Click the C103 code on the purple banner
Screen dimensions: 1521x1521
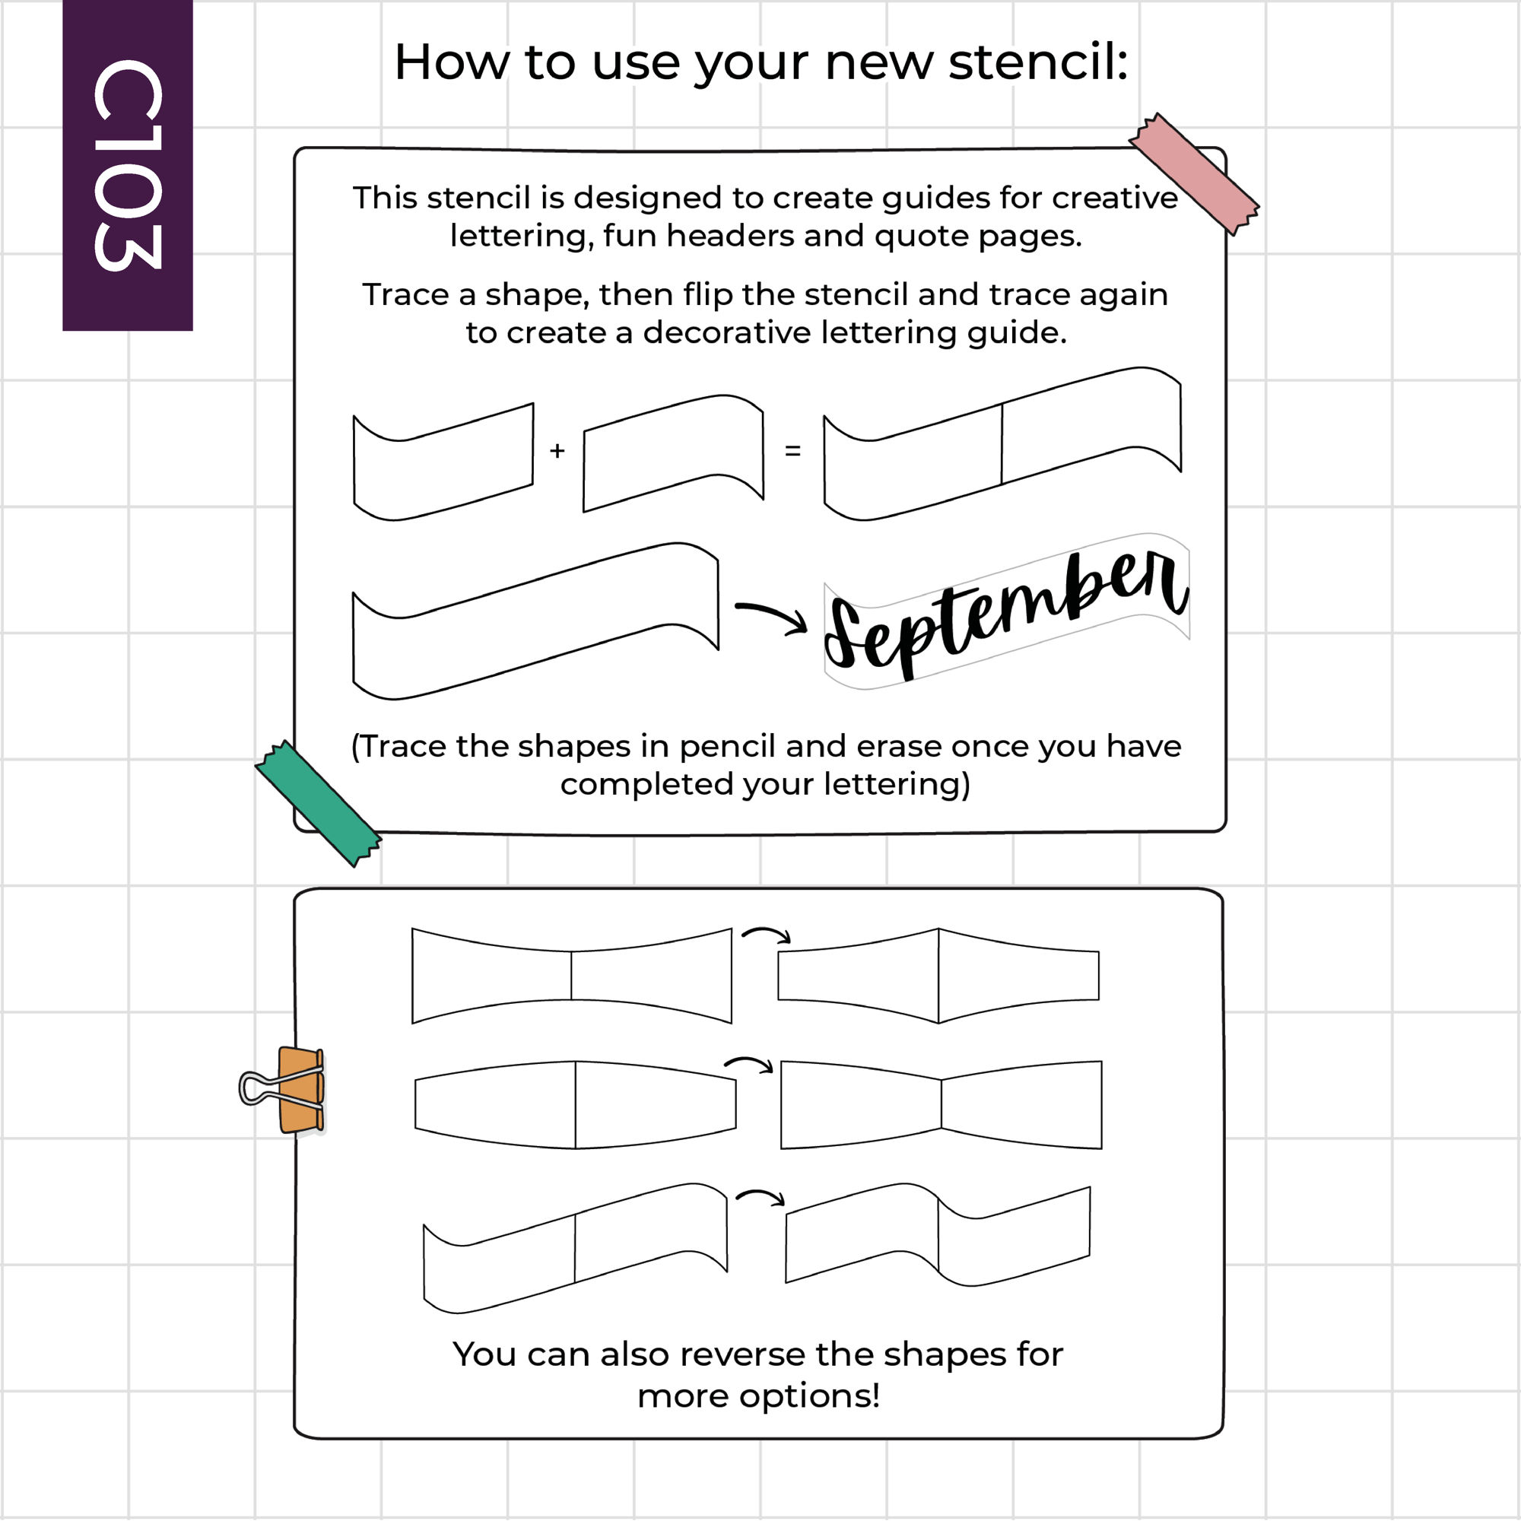(128, 165)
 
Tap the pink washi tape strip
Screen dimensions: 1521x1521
(1193, 174)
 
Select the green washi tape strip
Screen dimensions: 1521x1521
(318, 804)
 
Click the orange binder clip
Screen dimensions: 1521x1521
(300, 1090)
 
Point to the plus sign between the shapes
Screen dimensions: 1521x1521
(557, 450)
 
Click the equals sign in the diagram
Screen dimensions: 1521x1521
(792, 451)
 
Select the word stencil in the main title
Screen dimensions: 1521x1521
(1038, 62)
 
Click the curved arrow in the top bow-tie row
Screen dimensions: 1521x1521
(766, 934)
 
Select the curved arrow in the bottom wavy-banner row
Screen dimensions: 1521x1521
(760, 1196)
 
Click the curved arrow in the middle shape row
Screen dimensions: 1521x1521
(748, 1064)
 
